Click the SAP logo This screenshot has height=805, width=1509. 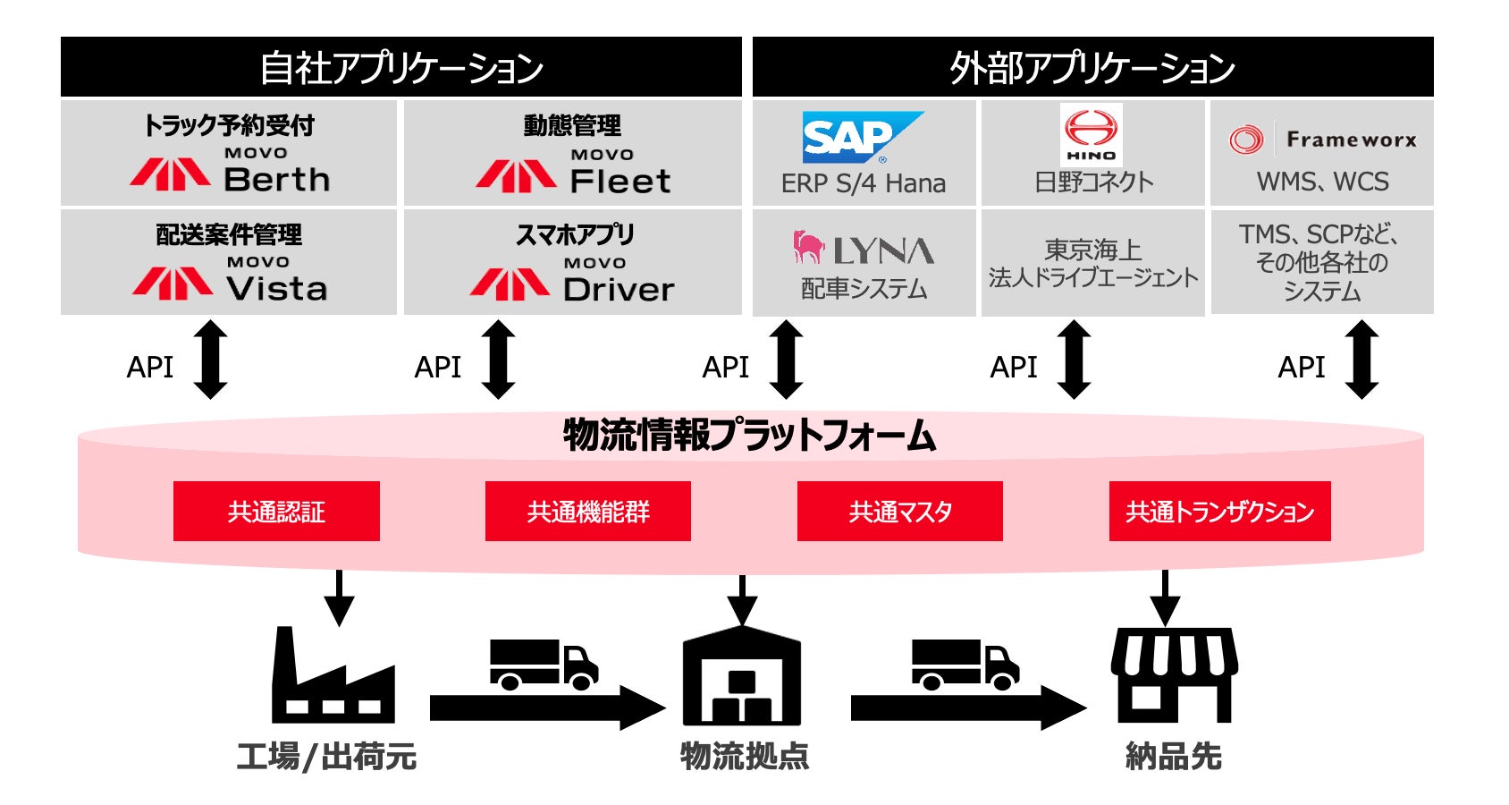[x=863, y=138]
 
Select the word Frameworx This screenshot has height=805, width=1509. [x=1352, y=140]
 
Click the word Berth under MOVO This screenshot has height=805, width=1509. [x=277, y=180]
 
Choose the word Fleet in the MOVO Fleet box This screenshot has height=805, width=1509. [x=620, y=181]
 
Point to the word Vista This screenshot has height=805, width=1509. [x=277, y=289]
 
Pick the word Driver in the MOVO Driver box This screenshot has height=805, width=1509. [x=619, y=289]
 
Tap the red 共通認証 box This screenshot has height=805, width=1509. [x=276, y=511]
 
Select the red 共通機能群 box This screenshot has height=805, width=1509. [x=588, y=511]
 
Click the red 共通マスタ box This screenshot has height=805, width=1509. [x=900, y=511]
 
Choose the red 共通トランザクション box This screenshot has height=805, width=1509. [x=1220, y=511]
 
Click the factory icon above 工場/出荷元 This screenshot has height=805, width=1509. [x=333, y=675]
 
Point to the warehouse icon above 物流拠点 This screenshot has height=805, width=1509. [x=742, y=675]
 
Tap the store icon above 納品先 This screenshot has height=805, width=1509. [x=1174, y=675]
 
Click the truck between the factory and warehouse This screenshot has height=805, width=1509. [x=544, y=665]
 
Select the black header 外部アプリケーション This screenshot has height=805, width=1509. [x=1092, y=67]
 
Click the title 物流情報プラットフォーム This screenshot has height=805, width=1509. [x=749, y=435]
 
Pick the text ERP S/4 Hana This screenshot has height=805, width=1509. [x=863, y=183]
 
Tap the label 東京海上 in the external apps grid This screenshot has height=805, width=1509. [x=1092, y=250]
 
